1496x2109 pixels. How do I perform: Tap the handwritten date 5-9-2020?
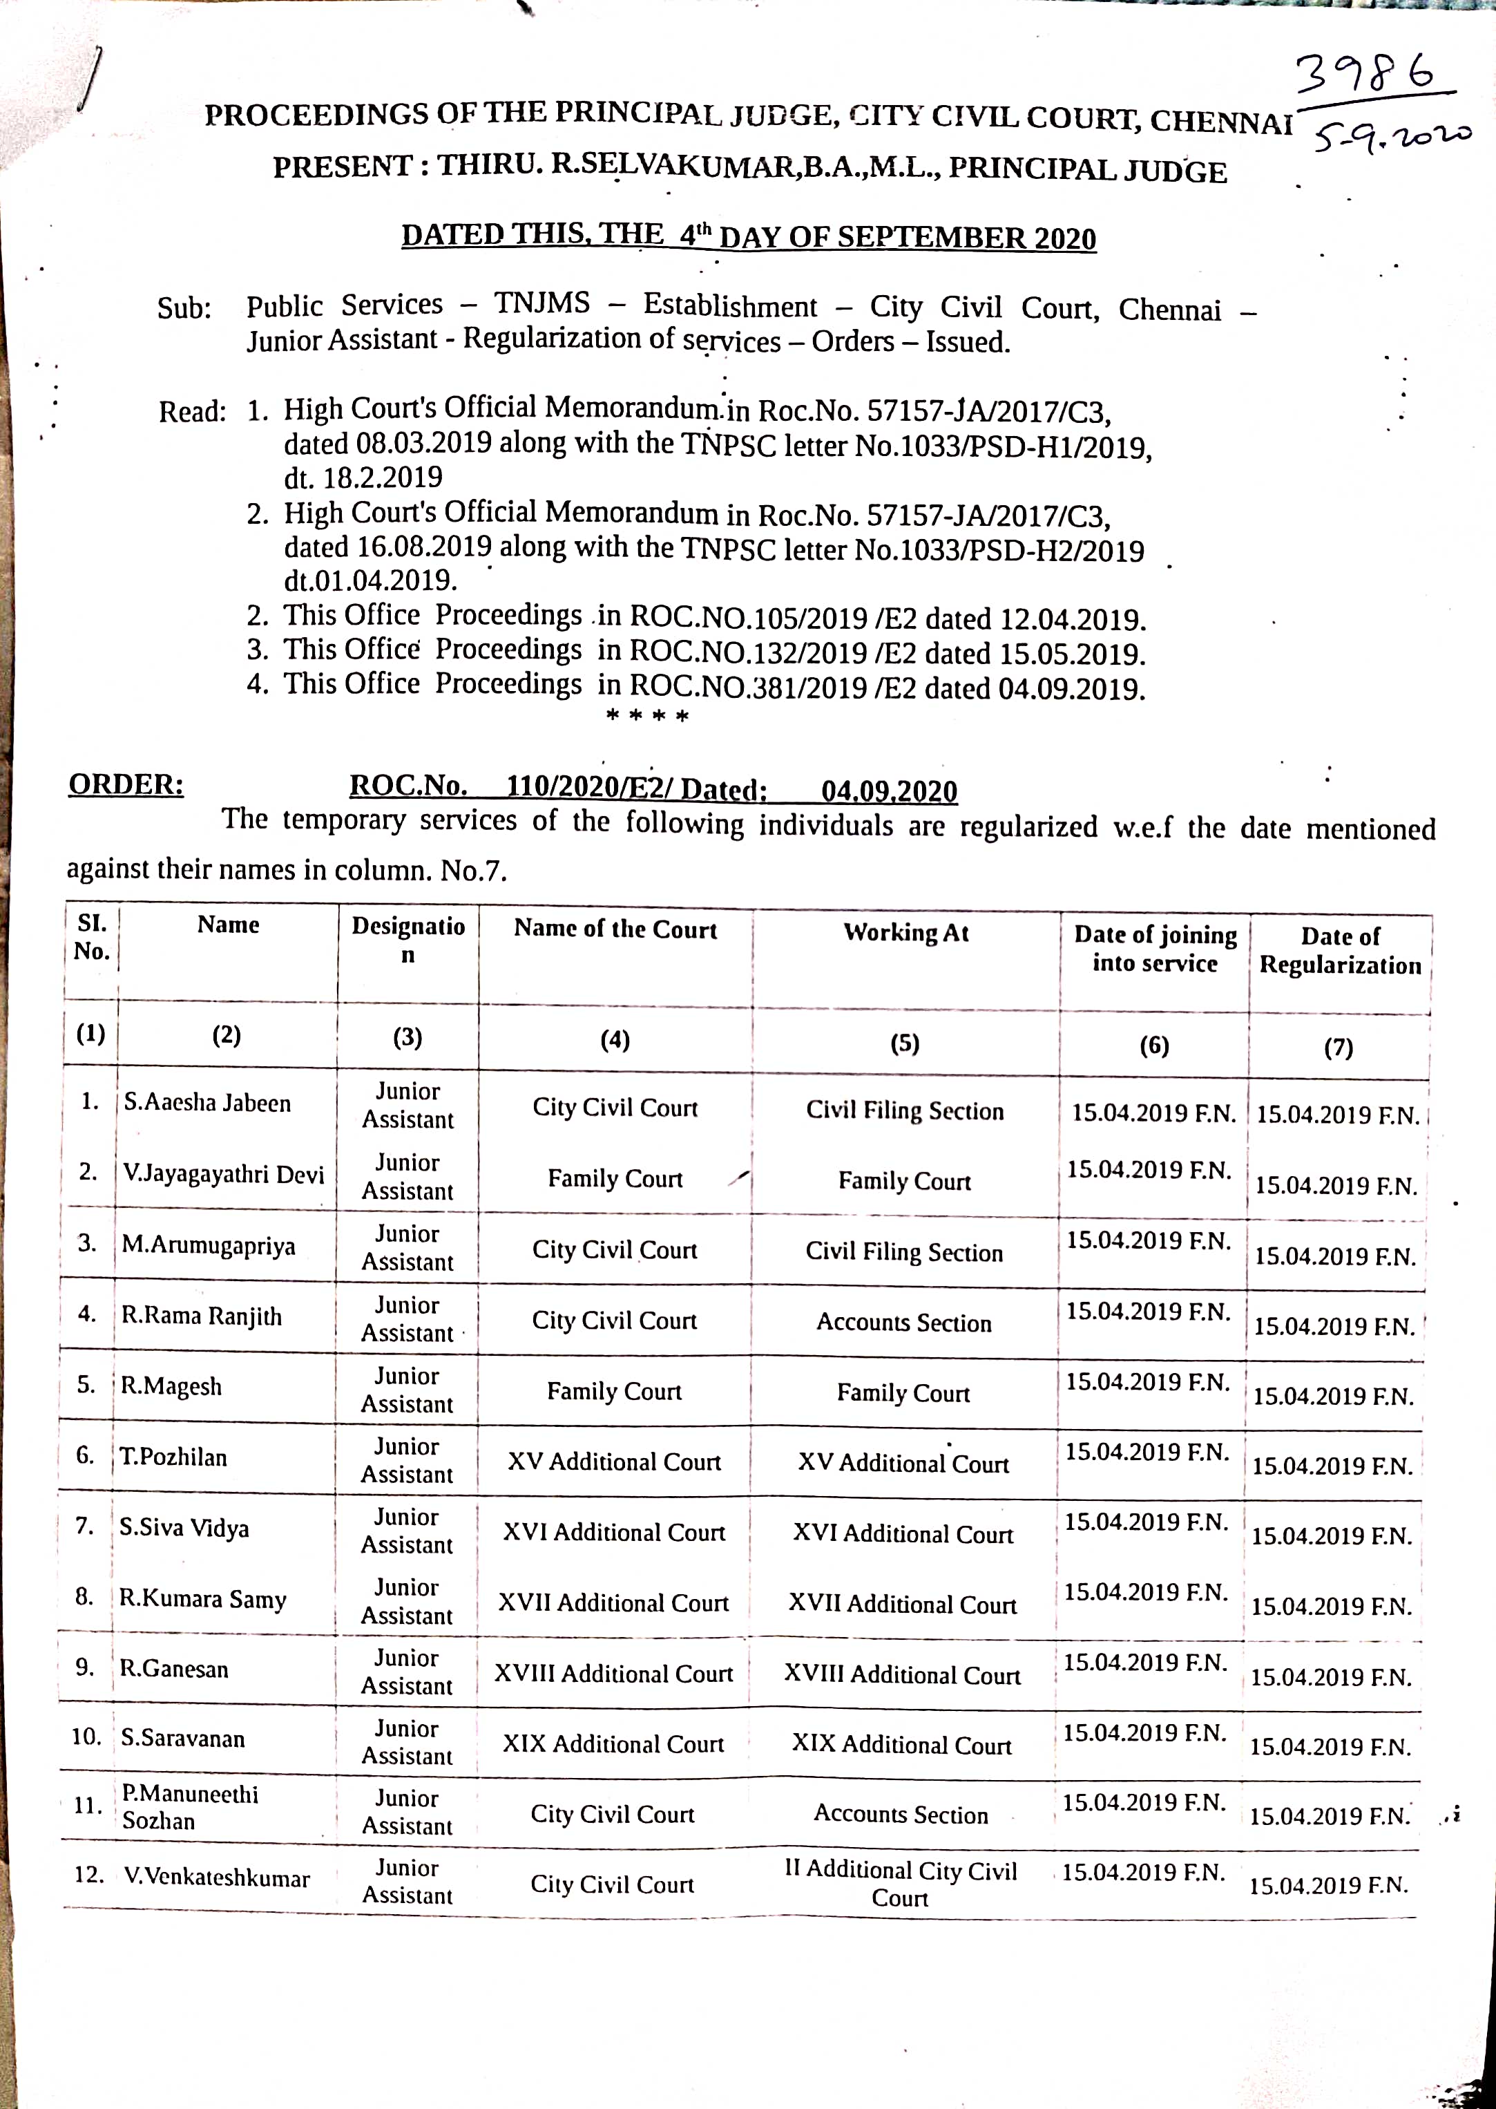(1392, 138)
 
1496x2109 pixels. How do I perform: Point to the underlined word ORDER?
(126, 785)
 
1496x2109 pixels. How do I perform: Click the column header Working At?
(905, 932)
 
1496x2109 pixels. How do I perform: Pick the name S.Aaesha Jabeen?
(207, 1103)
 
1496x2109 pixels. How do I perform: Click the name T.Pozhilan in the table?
(174, 1457)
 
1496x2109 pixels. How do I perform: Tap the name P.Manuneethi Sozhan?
(190, 1807)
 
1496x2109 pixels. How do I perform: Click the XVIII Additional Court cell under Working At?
(902, 1674)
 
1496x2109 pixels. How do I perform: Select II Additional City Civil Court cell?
(900, 1883)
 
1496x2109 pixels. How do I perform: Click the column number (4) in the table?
(615, 1040)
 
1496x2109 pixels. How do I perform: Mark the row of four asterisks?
(648, 716)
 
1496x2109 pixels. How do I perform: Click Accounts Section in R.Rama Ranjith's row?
(903, 1323)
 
